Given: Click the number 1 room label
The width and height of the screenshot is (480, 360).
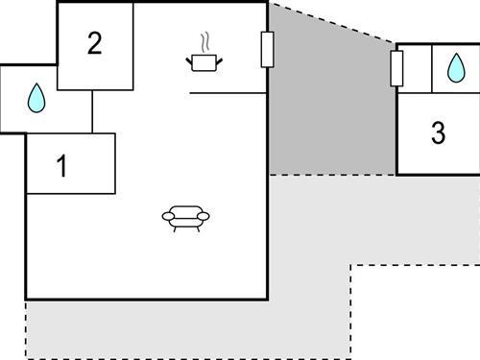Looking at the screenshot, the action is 62,167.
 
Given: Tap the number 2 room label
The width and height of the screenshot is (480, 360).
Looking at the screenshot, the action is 94,44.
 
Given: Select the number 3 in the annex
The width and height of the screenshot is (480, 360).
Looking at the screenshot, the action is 438,133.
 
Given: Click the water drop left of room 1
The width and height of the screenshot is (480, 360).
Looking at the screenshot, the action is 36,97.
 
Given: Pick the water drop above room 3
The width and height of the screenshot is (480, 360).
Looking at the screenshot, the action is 454,67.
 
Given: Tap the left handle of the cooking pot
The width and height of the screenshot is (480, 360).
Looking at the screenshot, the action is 190,60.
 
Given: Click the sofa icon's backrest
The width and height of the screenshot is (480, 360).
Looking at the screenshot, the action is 186,209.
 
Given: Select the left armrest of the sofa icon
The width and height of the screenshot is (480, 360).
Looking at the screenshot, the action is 168,218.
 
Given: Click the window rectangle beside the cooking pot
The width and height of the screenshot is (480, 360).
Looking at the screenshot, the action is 267,49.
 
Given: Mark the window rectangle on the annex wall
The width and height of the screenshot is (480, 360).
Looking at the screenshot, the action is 396,68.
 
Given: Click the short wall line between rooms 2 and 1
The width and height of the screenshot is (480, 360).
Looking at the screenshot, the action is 92,111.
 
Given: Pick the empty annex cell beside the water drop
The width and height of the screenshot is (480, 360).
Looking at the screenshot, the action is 414,68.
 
